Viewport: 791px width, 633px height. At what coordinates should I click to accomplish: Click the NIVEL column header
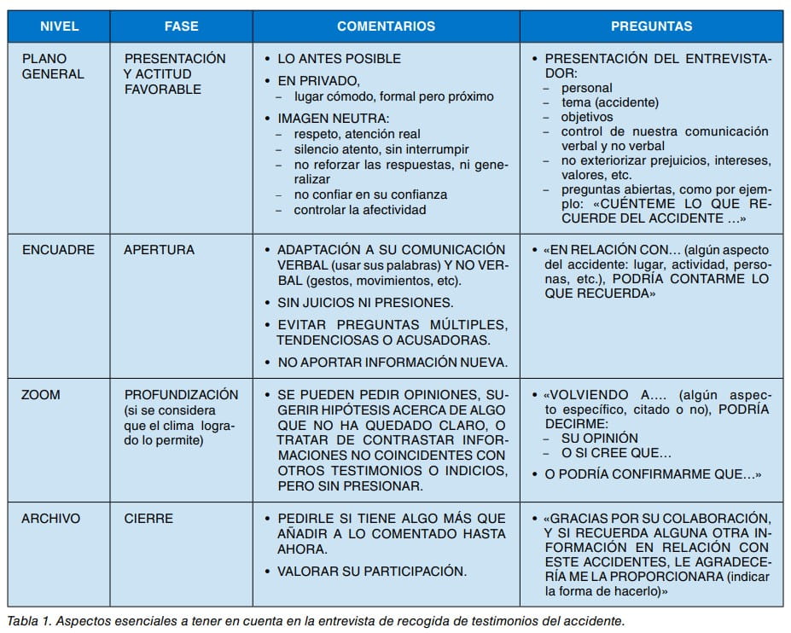coord(59,26)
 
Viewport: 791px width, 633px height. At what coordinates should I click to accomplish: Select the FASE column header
coord(181,26)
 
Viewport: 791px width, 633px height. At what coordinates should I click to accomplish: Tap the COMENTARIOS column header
coord(387,26)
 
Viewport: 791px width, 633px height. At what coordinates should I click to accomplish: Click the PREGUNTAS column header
coord(651,26)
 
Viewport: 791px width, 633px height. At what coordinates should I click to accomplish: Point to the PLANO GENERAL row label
coord(53,67)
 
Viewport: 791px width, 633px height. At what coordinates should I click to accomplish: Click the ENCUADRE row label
coord(58,250)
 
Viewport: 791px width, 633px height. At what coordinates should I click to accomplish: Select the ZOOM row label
coord(41,395)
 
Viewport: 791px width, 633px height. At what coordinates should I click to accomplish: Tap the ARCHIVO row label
coord(51,518)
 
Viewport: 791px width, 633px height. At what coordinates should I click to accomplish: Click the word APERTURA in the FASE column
coord(159,250)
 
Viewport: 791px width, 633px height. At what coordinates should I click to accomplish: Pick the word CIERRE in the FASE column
coord(148,518)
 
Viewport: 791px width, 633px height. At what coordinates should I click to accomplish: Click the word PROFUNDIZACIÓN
coord(181,395)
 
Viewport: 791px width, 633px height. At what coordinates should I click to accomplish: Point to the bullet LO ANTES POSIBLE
coord(339,59)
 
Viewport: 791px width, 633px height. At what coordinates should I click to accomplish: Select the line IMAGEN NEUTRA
coord(333,117)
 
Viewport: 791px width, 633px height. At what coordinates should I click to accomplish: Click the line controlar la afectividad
coord(359,209)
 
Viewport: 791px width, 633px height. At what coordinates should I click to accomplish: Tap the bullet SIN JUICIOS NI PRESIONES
coord(364,303)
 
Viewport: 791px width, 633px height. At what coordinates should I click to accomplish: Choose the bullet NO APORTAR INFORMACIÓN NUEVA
coord(393,362)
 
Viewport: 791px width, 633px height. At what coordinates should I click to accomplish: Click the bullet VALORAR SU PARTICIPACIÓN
coord(371,571)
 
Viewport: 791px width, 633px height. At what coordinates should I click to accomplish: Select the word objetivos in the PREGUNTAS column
coord(586,117)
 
